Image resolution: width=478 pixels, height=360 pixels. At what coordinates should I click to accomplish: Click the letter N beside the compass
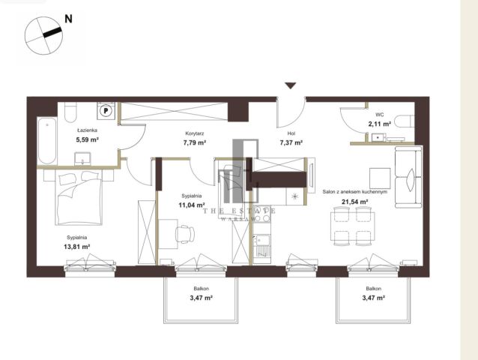coord(69,19)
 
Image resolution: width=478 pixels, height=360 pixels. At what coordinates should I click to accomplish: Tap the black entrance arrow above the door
coord(291,85)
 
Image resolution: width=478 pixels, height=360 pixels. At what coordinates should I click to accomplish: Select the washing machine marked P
coord(106,110)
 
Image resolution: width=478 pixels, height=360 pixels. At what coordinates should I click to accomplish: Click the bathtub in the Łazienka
coord(47,141)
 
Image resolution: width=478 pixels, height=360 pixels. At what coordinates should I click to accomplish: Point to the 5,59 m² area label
coord(87,140)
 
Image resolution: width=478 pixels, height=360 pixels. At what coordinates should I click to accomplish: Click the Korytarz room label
coord(195,133)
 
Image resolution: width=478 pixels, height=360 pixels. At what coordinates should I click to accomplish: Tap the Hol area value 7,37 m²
coord(291,142)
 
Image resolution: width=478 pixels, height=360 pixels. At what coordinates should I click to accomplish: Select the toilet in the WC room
coord(405,121)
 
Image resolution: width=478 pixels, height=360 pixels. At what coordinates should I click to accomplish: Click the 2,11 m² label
coord(380,124)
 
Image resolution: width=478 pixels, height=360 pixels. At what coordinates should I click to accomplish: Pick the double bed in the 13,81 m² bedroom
coord(79,197)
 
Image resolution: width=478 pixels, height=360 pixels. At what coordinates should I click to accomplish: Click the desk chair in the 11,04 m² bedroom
coord(185,234)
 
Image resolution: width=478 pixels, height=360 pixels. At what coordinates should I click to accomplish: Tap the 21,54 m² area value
coord(355,202)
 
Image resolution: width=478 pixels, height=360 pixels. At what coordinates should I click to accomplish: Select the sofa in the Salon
coord(408,177)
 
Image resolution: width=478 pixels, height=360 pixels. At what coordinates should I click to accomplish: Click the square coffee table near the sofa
coord(380,178)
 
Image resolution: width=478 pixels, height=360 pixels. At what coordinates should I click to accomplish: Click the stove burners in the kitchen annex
coord(262,218)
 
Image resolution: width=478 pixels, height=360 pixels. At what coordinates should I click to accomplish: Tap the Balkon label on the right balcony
coord(374,289)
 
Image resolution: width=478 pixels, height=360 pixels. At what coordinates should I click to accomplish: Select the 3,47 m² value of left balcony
coord(202,298)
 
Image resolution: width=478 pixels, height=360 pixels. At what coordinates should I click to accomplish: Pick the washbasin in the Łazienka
coord(82,159)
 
